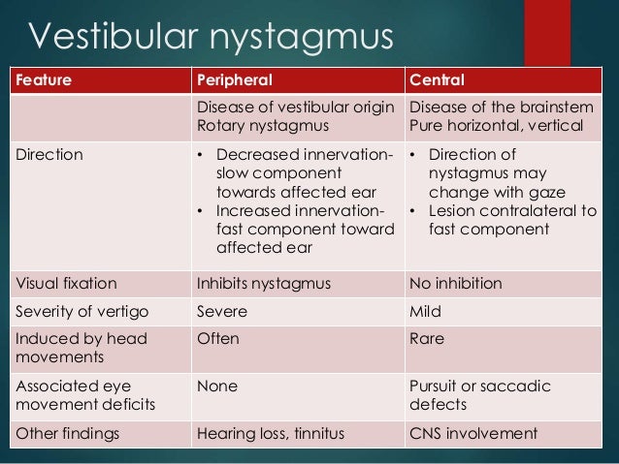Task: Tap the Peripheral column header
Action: coord(235,79)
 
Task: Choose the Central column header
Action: coord(438,79)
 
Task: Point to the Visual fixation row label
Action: coord(65,284)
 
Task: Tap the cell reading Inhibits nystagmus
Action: coord(262,284)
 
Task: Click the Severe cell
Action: coord(222,312)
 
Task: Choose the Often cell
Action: coord(218,339)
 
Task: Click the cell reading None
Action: coord(217,386)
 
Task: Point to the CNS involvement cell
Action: coord(473,433)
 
